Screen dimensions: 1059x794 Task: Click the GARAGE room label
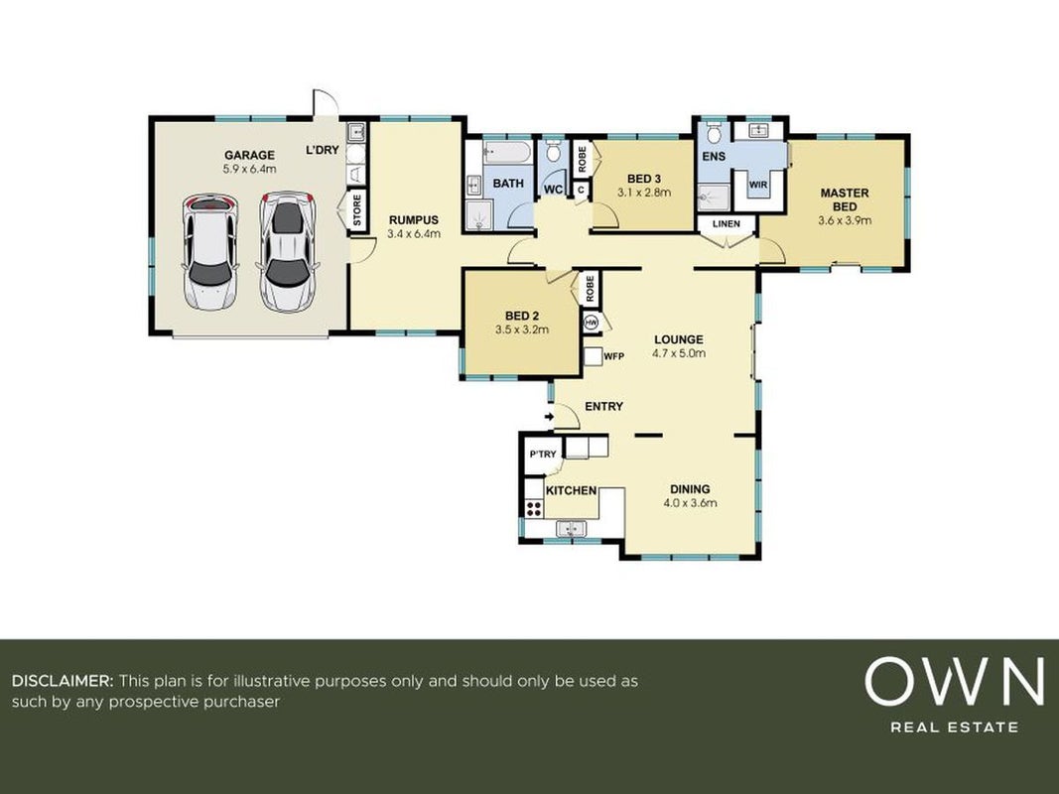click(x=249, y=155)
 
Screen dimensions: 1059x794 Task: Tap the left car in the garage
click(x=210, y=252)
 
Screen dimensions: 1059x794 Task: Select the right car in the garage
click(x=288, y=251)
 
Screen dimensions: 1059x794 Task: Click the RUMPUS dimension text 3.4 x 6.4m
click(x=413, y=233)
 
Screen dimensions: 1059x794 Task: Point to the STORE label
click(x=357, y=210)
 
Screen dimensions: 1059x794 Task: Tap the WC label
click(x=553, y=190)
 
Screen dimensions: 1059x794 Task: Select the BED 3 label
click(x=644, y=179)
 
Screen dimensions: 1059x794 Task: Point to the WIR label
click(x=758, y=185)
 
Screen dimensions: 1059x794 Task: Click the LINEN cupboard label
click(x=727, y=223)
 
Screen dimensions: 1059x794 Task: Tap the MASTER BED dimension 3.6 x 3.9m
click(x=845, y=220)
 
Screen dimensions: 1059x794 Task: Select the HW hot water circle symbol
click(x=592, y=322)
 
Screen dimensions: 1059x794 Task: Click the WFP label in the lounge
click(x=614, y=356)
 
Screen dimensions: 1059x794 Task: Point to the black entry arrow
click(x=549, y=417)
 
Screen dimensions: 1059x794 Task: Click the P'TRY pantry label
click(x=542, y=455)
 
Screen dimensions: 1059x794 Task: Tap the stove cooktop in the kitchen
click(x=534, y=508)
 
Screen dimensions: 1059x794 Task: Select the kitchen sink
click(x=572, y=528)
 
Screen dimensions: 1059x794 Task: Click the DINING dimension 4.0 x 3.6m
click(x=690, y=503)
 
